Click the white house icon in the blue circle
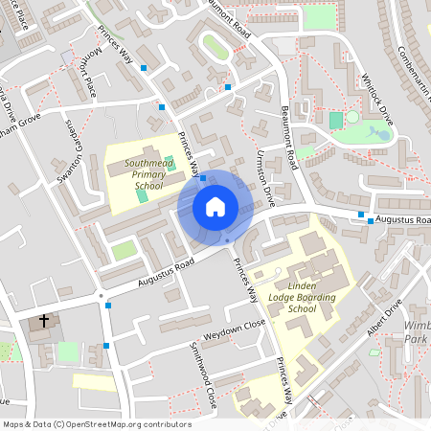tap(215, 206)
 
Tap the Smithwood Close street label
tap(202, 375)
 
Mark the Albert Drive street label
tap(385, 326)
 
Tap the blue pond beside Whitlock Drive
tap(381, 133)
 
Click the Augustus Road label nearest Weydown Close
tap(165, 271)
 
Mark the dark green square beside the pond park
tap(335, 121)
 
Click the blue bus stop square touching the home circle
tap(203, 178)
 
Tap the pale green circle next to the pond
tap(352, 117)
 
